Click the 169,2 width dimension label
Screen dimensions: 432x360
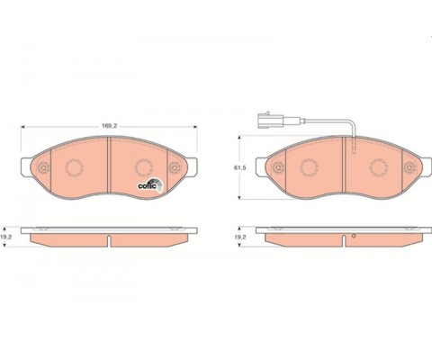click(109, 126)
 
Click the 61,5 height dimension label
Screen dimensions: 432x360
click(240, 168)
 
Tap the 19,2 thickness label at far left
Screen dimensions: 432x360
click(6, 237)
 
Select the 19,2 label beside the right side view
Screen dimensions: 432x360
click(240, 237)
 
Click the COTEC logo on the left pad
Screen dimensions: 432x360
click(150, 184)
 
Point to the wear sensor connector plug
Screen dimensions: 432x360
click(265, 121)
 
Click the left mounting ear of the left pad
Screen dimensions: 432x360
click(26, 167)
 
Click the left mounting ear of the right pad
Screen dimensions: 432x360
click(261, 167)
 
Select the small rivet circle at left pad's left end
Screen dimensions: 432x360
click(44, 167)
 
